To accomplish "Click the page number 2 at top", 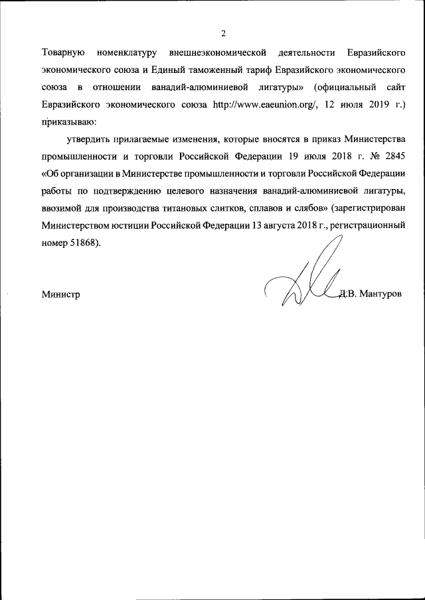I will point(223,34).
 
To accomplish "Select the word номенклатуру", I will point(126,52).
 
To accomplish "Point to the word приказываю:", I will point(69,122).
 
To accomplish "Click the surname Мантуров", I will point(381,294).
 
